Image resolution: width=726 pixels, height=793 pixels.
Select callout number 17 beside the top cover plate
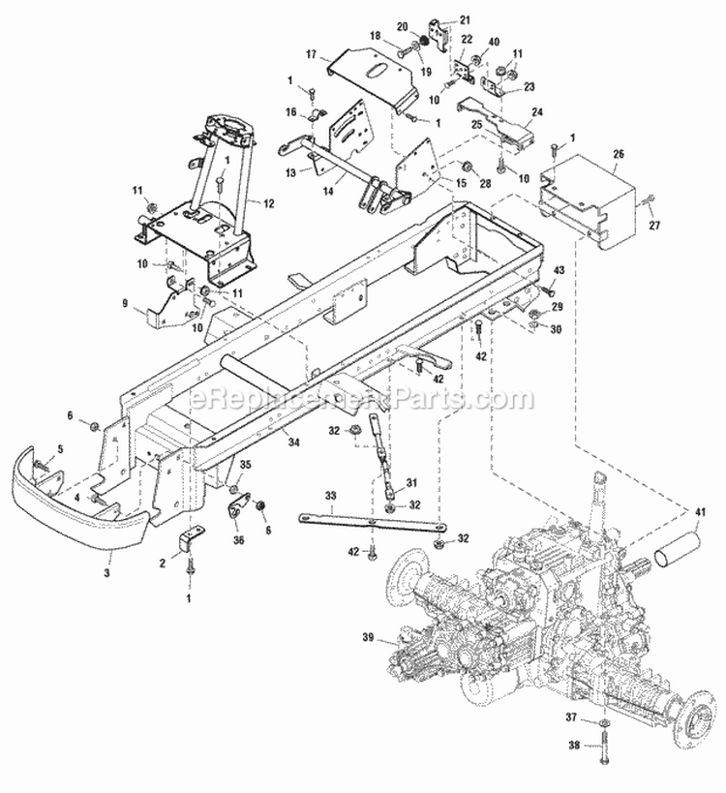click(312, 55)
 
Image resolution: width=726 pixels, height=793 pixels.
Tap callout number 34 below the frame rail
click(292, 443)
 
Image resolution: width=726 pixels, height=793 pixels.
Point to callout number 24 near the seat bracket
click(537, 110)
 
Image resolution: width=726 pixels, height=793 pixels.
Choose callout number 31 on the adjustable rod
click(410, 483)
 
